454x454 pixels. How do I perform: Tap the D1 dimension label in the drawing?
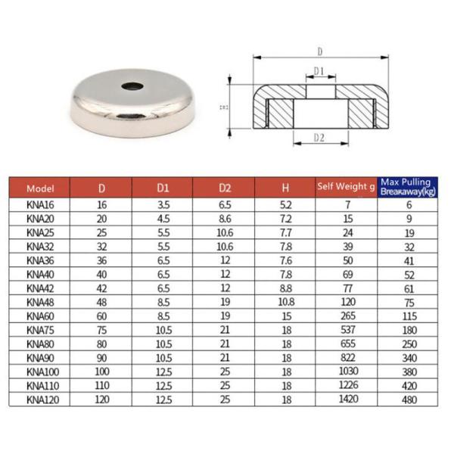coord(319,72)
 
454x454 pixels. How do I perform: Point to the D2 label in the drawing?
coord(318,138)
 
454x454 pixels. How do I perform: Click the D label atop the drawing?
coord(319,52)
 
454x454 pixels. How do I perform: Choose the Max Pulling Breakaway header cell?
coord(409,187)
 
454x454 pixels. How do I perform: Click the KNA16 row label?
coord(40,205)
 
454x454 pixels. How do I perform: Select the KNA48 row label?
coord(40,301)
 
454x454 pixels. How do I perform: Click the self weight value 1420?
coord(347,397)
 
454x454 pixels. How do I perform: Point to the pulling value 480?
coord(409,397)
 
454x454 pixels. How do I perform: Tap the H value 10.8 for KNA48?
coord(285,301)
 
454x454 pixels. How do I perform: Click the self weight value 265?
coord(347,315)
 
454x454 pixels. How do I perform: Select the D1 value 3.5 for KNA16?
coord(163,205)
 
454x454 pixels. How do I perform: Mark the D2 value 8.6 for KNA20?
coord(225,219)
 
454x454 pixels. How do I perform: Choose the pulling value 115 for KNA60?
coord(409,315)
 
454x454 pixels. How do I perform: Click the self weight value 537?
coord(347,328)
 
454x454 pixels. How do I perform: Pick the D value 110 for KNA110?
coord(101,384)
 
